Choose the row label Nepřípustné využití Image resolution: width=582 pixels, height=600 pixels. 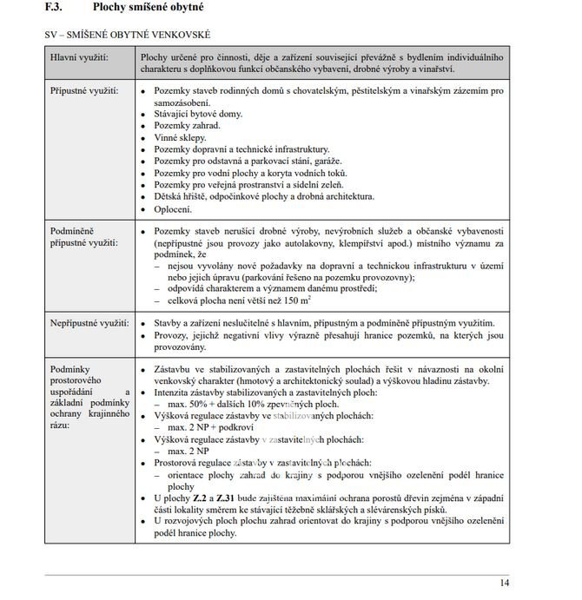point(89,322)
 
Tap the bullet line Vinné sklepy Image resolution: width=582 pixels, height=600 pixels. point(180,137)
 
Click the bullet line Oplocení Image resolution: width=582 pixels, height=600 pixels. point(174,208)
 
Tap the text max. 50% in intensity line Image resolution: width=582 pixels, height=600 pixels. point(187,404)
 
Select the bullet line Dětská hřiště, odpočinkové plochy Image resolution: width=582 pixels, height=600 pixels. point(264,196)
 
